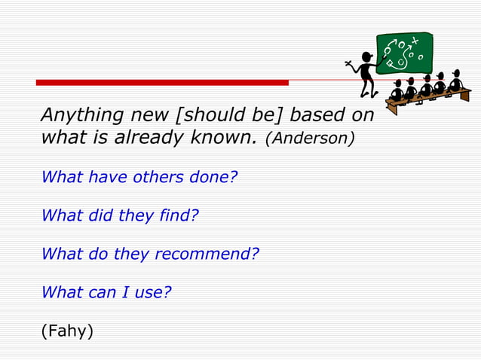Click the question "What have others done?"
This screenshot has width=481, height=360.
pyautogui.click(x=139, y=178)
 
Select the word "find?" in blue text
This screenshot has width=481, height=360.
pyautogui.click(x=179, y=216)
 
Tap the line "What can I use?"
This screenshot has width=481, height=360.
pyautogui.click(x=106, y=293)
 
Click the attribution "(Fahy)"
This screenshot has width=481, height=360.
pyautogui.click(x=67, y=331)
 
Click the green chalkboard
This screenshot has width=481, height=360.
pyautogui.click(x=404, y=53)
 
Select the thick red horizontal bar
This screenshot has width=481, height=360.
pyautogui.click(x=162, y=82)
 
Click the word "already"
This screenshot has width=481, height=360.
pyautogui.click(x=146, y=139)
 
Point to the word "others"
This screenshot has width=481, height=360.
pyautogui.click(x=156, y=178)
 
